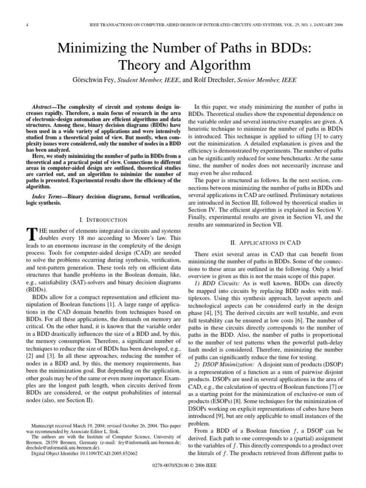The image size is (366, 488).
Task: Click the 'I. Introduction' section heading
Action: [x=103, y=220]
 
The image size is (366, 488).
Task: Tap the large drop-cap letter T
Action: [x=31, y=234]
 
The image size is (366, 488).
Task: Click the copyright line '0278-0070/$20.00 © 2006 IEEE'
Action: [x=183, y=477]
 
